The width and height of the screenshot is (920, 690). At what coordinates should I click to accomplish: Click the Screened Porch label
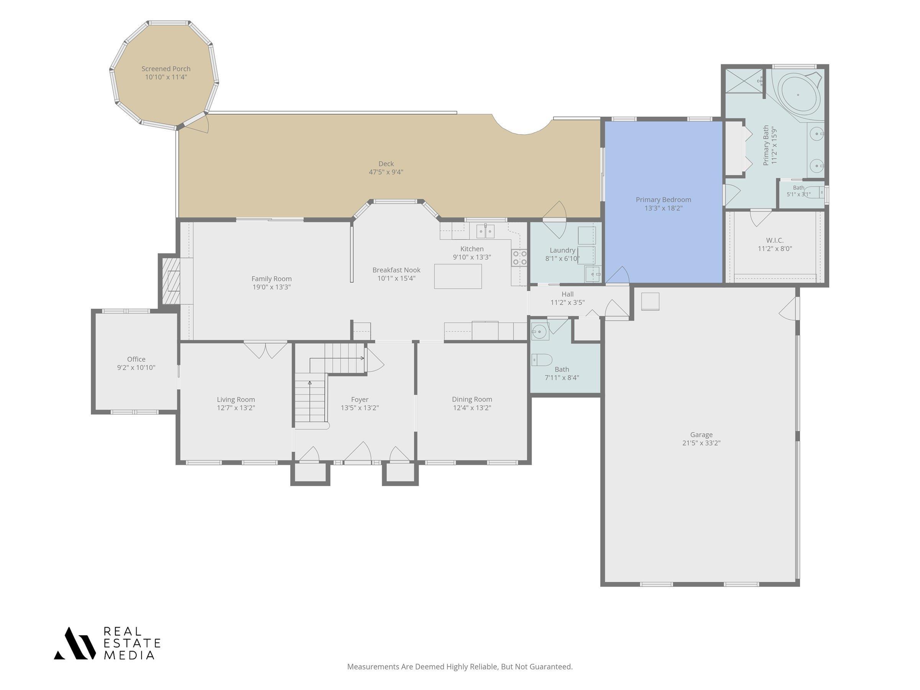point(166,69)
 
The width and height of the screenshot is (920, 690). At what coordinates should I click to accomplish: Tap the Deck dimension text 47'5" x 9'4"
point(386,172)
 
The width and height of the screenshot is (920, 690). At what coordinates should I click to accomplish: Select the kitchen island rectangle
point(458,276)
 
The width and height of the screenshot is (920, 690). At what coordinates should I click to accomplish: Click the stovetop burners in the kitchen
point(519,258)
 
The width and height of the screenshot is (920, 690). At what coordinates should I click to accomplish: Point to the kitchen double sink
point(485,231)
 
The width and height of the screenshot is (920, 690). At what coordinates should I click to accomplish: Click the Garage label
point(701,435)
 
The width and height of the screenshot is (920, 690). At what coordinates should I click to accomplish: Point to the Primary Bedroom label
point(664,200)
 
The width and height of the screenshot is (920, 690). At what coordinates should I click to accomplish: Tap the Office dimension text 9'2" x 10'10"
point(136,368)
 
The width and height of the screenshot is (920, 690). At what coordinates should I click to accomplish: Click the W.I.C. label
point(775,240)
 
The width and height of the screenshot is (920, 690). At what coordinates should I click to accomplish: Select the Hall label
point(567,294)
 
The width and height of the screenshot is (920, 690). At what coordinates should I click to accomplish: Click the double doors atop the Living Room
point(265,350)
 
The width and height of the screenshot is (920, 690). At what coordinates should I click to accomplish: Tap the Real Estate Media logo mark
point(75,643)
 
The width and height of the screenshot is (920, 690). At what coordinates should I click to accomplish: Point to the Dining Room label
point(472,399)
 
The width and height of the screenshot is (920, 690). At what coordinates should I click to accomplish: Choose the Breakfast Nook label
point(396,270)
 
